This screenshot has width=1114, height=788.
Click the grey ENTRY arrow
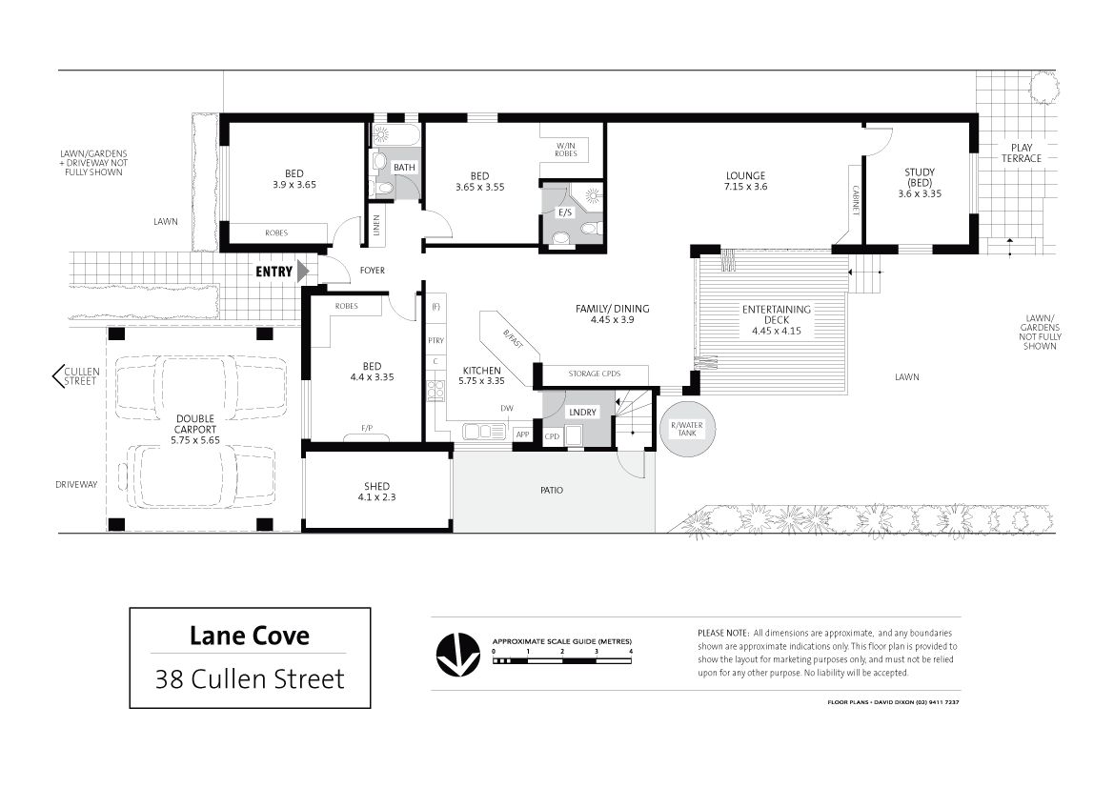(x=303, y=272)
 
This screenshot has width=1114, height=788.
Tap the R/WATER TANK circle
(x=686, y=429)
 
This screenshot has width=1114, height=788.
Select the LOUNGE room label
(x=745, y=175)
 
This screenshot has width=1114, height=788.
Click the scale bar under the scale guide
(x=562, y=661)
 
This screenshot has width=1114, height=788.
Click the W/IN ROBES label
(x=566, y=150)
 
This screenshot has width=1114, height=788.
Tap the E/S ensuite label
(x=565, y=212)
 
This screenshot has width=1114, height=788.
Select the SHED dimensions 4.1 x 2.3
(x=376, y=497)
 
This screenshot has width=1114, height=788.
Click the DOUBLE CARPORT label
(x=195, y=424)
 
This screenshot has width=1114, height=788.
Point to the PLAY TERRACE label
(x=1021, y=152)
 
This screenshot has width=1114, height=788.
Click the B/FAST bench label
(x=513, y=339)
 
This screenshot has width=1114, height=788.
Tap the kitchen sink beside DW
(x=484, y=432)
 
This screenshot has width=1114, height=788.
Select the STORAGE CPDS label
(x=594, y=374)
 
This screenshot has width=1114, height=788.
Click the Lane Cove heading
(x=250, y=636)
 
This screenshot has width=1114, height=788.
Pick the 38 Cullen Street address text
(x=250, y=679)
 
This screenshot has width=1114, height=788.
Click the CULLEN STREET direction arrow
(x=57, y=376)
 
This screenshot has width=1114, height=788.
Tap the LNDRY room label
(x=582, y=413)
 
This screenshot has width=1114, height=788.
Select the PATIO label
(x=552, y=491)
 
